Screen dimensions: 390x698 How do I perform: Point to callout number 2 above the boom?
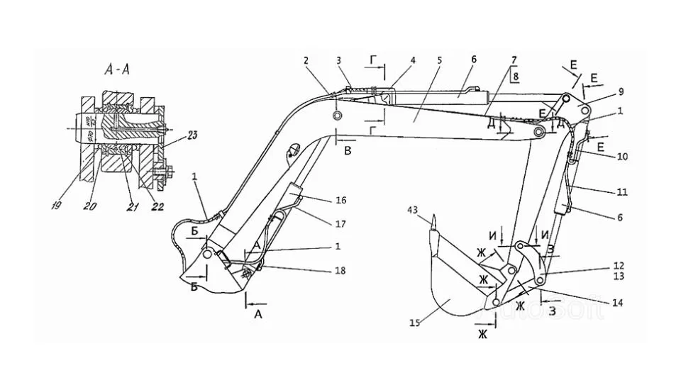coord(306,62)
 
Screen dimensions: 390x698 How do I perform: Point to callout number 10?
coord(622,155)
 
